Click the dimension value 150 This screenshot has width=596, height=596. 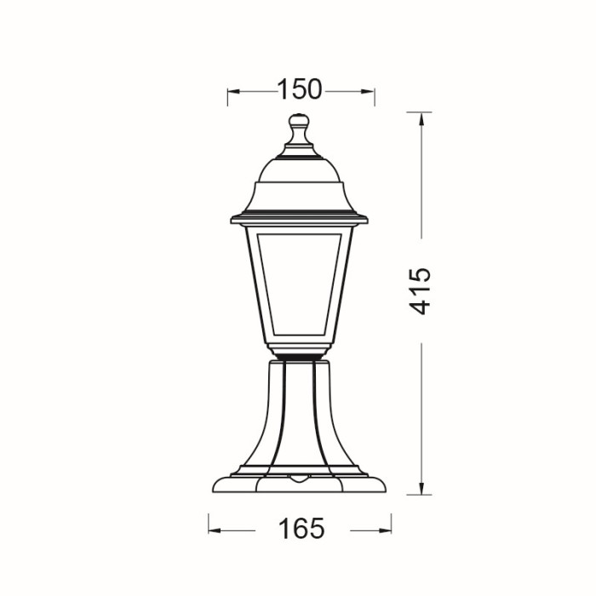point(300,89)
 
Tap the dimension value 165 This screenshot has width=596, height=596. point(301,529)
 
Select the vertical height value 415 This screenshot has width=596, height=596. point(421,291)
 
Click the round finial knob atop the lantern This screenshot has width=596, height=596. point(299,122)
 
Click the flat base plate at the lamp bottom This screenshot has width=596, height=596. point(299,484)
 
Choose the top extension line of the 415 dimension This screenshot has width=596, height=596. point(419,112)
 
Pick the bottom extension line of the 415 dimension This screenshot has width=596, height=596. point(419,494)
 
